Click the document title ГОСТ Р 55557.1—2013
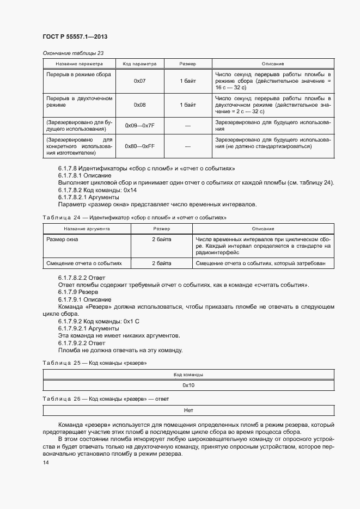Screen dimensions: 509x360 [x=74, y=36]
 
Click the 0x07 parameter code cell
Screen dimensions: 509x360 [x=139, y=81]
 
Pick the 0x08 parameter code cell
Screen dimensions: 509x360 [x=139, y=105]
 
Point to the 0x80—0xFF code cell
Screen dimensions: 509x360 [x=139, y=146]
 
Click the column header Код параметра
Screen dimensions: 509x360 [x=139, y=64]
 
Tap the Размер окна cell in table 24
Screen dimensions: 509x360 [x=62, y=239]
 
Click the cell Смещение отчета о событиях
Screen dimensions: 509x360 [x=84, y=263]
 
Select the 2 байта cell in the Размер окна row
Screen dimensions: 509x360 [x=161, y=239]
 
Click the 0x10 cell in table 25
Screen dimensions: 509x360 [x=188, y=385]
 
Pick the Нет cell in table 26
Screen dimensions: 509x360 [x=188, y=410]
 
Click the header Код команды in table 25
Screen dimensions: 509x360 [x=188, y=375]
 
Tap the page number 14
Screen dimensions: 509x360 [x=46, y=462]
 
